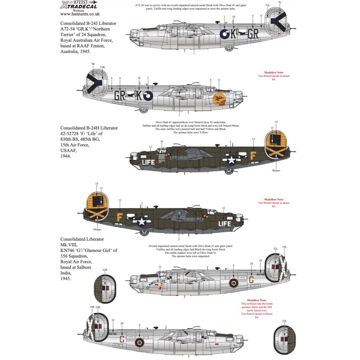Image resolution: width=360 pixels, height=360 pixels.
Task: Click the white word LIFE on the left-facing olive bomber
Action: point(149,162)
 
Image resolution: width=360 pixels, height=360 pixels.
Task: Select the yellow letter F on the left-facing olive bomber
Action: point(253,157)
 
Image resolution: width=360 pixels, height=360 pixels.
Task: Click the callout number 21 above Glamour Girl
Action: point(159,266)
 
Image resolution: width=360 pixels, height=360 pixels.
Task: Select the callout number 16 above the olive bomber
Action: point(162,141)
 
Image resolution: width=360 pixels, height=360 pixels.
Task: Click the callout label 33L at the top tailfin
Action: point(267,5)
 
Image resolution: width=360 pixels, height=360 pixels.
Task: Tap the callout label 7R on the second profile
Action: point(93,64)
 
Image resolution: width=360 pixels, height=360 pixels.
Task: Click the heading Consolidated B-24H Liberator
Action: point(89,128)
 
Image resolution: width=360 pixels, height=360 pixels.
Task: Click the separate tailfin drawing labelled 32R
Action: point(105,289)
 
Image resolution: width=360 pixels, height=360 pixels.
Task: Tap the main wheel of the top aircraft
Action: point(229,48)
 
